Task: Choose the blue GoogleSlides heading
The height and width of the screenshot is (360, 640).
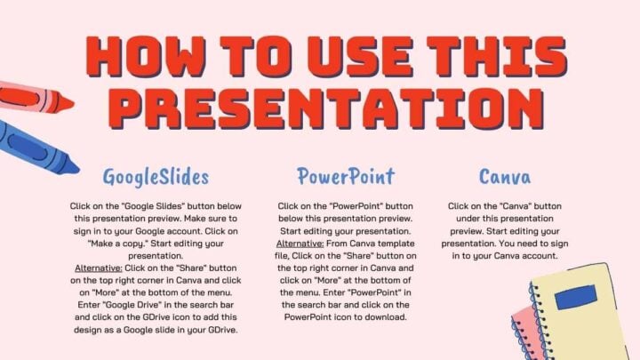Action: coord(156,175)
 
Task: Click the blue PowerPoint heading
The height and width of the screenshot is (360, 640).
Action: coord(333,175)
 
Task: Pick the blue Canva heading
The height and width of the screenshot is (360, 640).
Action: coord(505,175)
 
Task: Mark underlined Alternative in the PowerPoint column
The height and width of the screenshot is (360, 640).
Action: coord(300,243)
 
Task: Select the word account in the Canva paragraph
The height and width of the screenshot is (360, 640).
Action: coord(532,255)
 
